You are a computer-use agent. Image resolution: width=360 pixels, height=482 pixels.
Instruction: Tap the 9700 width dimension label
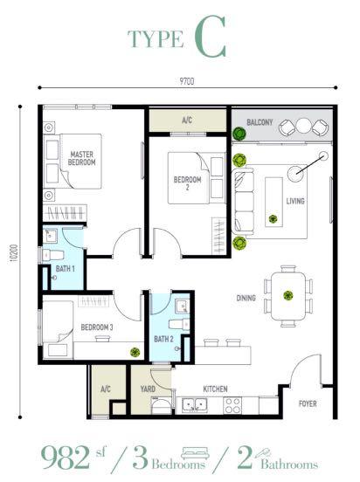click(185, 81)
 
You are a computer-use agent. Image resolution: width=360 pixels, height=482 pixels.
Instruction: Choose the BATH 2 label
click(163, 338)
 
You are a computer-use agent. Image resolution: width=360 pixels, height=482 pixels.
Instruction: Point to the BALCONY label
click(260, 123)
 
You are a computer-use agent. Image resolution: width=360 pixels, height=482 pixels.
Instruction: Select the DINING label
click(246, 298)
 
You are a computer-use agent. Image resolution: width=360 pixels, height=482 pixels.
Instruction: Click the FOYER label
click(308, 403)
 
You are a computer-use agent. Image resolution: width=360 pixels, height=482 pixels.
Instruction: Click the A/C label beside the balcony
click(186, 120)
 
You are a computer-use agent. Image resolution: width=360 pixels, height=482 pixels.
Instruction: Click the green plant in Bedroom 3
click(135, 351)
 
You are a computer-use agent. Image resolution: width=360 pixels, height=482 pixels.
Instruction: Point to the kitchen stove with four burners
click(232, 404)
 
